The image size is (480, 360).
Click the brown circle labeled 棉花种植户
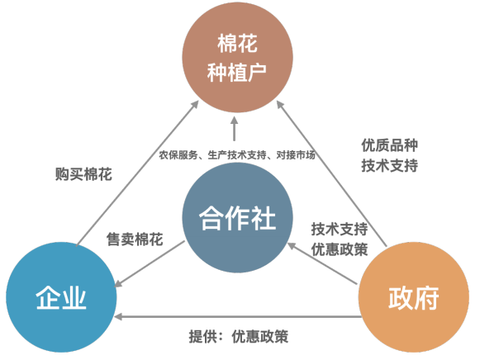(x=238, y=57)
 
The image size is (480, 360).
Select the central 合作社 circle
(x=238, y=217)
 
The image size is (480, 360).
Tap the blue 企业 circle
(x=61, y=297)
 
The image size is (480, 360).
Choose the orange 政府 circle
(x=414, y=297)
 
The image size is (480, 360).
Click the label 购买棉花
(x=83, y=174)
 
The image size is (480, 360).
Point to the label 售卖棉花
(x=135, y=239)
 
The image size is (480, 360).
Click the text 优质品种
(x=390, y=145)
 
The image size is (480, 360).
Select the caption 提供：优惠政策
(x=239, y=337)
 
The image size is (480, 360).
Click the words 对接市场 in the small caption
(x=296, y=155)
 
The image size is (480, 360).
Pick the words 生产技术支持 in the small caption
(x=237, y=155)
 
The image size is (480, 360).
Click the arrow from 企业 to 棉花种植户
(x=137, y=173)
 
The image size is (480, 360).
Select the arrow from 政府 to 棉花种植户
(x=331, y=173)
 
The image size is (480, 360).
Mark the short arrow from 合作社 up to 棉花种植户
(x=235, y=129)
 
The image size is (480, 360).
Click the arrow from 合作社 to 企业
(x=150, y=264)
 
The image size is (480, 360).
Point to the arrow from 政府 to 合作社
(x=322, y=263)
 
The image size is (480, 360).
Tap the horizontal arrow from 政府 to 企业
(x=238, y=316)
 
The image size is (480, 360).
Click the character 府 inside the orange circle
(x=427, y=298)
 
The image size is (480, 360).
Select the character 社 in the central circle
(x=263, y=218)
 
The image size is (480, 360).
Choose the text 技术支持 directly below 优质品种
(x=390, y=166)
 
